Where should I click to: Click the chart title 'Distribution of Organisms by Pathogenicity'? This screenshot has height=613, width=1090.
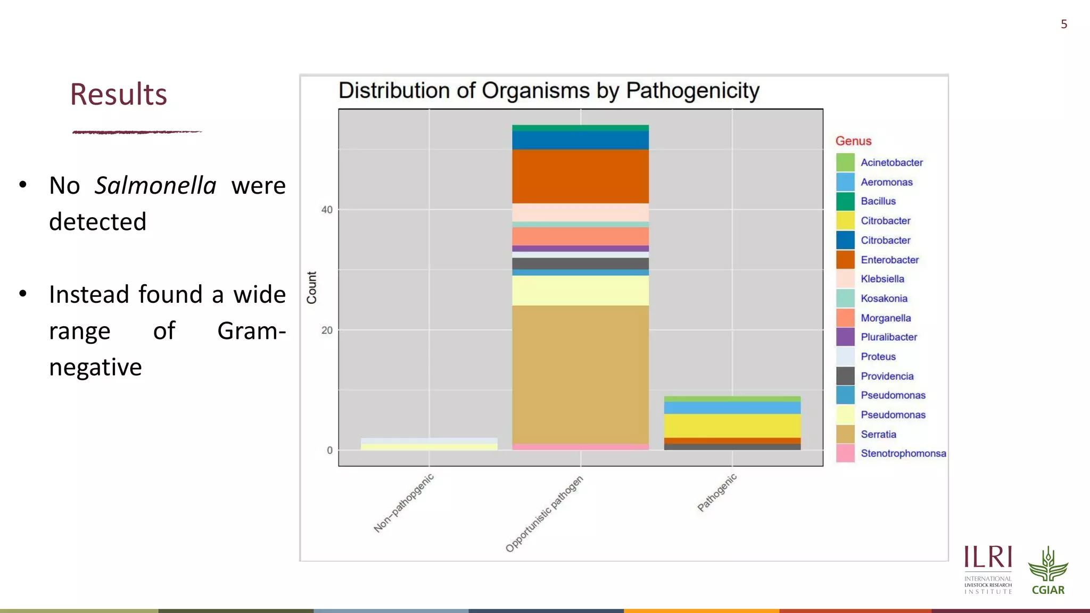pyautogui.click(x=549, y=91)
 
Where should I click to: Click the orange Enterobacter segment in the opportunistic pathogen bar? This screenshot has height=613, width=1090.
pyautogui.click(x=580, y=176)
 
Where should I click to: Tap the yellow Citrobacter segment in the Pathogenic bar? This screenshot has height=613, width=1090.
pyautogui.click(x=732, y=426)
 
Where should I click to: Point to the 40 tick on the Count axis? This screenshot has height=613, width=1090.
pyautogui.click(x=327, y=210)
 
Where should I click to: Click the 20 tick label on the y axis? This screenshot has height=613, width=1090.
pyautogui.click(x=327, y=330)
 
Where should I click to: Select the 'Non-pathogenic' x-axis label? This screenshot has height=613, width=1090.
pyautogui.click(x=404, y=503)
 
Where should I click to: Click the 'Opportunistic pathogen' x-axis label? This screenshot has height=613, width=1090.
pyautogui.click(x=544, y=514)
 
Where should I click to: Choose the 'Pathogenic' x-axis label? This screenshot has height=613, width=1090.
pyautogui.click(x=717, y=493)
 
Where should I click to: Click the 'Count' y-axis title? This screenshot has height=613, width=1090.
pyautogui.click(x=312, y=288)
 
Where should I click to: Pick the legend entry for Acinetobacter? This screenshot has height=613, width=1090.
pyautogui.click(x=891, y=162)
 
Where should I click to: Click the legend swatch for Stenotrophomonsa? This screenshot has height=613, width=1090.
pyautogui.click(x=845, y=453)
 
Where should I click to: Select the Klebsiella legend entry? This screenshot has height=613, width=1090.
pyautogui.click(x=882, y=279)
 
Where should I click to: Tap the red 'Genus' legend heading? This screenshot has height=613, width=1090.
pyautogui.click(x=853, y=141)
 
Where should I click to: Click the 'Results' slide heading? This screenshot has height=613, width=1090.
pyautogui.click(x=119, y=94)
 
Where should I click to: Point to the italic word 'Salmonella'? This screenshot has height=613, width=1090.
pyautogui.click(x=155, y=186)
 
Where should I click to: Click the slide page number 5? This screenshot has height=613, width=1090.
pyautogui.click(x=1063, y=24)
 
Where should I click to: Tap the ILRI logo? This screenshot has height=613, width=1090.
pyautogui.click(x=988, y=569)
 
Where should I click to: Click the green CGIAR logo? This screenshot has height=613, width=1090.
pyautogui.click(x=1048, y=570)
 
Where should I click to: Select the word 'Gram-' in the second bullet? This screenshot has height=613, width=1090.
pyautogui.click(x=251, y=331)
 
